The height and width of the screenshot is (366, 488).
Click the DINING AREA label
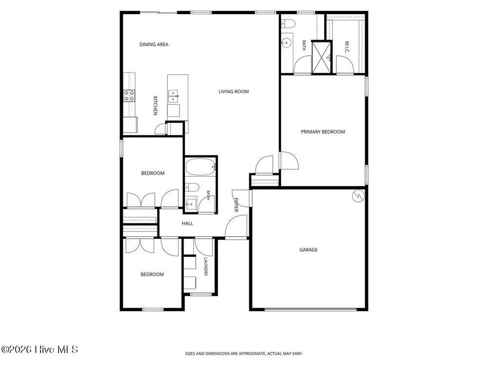(x=154, y=44)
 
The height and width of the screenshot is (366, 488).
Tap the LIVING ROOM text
(x=233, y=92)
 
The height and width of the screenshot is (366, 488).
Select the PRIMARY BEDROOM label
(x=323, y=132)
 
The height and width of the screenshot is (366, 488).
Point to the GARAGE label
(x=308, y=249)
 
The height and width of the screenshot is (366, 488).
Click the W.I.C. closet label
(x=347, y=47)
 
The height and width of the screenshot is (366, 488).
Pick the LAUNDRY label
(x=206, y=266)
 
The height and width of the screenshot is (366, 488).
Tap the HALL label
(x=187, y=224)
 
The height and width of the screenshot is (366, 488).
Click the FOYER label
(x=236, y=205)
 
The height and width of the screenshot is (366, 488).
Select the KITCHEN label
(x=155, y=105)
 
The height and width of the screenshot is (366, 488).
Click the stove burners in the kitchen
(x=129, y=96)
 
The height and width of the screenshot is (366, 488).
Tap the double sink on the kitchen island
(x=173, y=96)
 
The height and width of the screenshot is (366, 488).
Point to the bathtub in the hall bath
(x=201, y=167)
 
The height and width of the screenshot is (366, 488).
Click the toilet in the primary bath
(x=288, y=23)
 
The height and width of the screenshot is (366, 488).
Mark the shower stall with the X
(x=321, y=57)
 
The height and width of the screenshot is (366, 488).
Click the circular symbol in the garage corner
(x=358, y=196)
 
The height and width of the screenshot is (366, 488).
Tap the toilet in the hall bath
(x=192, y=187)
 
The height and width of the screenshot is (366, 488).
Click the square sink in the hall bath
(x=191, y=204)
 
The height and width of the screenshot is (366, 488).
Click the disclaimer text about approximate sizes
(x=244, y=353)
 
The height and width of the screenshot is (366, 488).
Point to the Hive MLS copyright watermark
(x=39, y=349)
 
